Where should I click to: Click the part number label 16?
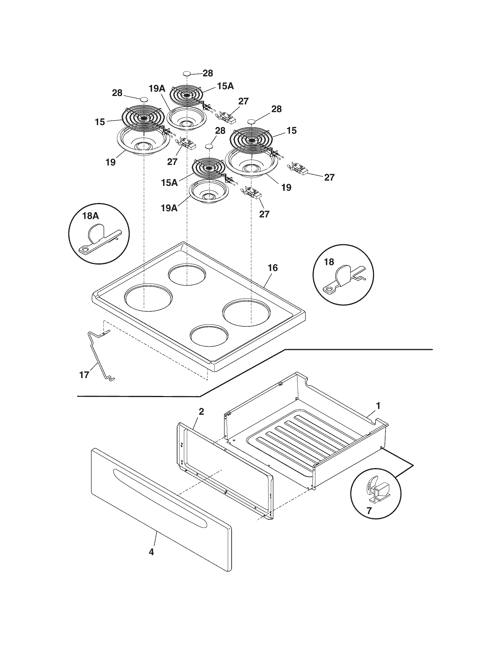coord(273,268)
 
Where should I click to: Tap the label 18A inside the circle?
coord(91,216)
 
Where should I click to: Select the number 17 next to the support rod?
coord(84,375)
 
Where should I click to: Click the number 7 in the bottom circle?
coord(369,511)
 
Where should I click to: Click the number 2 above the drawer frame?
coord(201,411)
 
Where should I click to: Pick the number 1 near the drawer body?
coord(378,405)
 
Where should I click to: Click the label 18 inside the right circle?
coord(329,262)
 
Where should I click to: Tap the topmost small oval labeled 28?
coord(186,73)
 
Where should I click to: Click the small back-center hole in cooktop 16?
coord(187,275)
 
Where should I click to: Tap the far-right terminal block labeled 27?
coord(300,169)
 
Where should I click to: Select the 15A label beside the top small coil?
coord(225,86)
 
